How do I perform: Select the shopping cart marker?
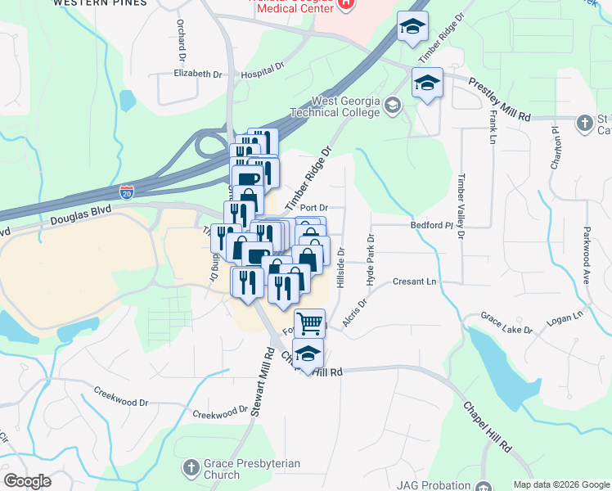click(310, 323)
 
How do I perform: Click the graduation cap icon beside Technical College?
click(394, 105)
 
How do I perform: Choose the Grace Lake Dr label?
click(506, 323)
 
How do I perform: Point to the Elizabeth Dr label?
click(197, 74)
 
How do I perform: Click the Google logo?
click(28, 481)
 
